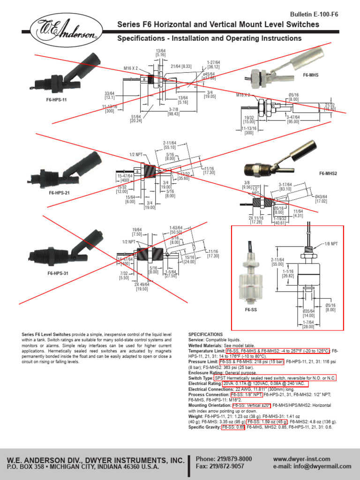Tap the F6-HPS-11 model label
point(56,100)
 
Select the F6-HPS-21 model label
point(60,192)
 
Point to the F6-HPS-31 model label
point(58,273)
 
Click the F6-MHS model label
point(310,75)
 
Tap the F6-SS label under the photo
point(251,310)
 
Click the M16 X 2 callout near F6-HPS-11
point(131,68)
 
